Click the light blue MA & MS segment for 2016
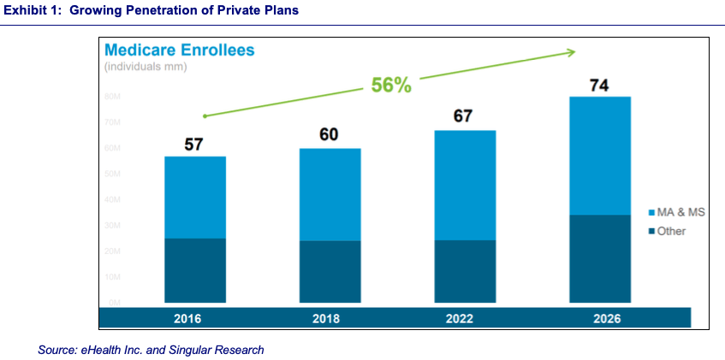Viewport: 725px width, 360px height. click(x=194, y=198)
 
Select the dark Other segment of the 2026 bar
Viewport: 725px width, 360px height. click(x=600, y=258)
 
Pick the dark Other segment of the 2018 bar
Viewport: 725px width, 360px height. click(x=330, y=271)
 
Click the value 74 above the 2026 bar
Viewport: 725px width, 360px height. click(x=600, y=86)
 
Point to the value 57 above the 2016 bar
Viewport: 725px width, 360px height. click(x=194, y=145)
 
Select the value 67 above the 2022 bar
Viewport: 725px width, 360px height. click(x=465, y=117)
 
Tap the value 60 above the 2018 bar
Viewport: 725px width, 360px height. click(x=330, y=136)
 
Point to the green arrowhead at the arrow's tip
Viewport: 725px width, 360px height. click(x=572, y=52)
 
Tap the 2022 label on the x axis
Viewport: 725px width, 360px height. click(x=465, y=318)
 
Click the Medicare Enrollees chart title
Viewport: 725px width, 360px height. click(x=179, y=50)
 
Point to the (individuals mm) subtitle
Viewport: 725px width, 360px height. click(x=146, y=66)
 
